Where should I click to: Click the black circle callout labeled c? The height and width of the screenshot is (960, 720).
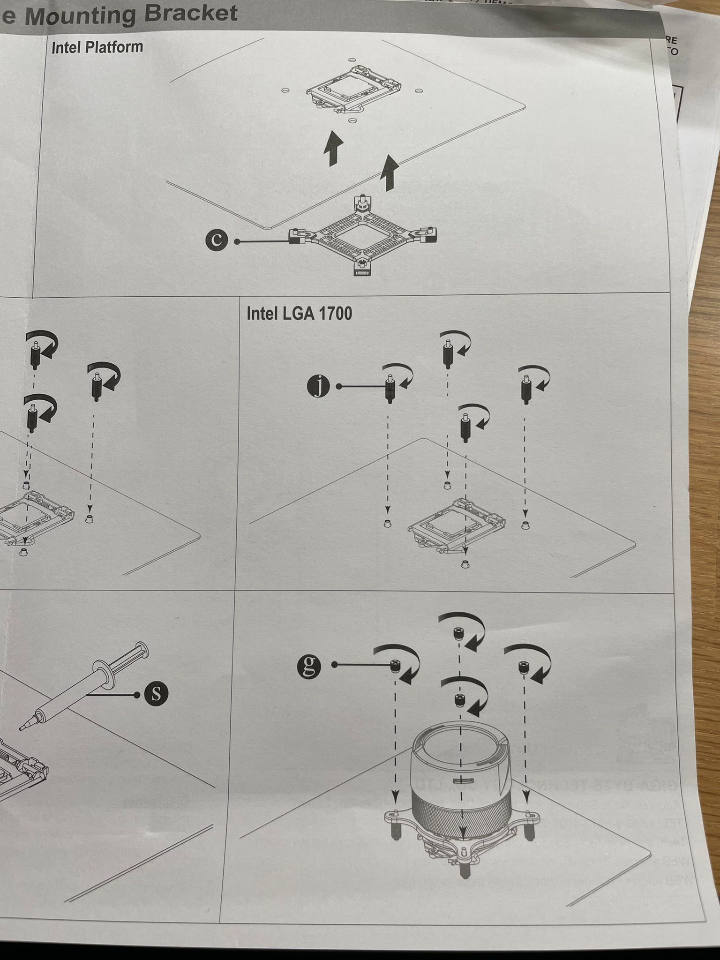(216, 240)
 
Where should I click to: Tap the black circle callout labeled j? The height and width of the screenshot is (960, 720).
(318, 387)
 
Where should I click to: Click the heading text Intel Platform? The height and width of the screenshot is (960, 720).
(97, 47)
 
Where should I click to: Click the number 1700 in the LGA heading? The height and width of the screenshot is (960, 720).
(335, 314)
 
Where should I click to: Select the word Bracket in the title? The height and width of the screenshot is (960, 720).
(190, 13)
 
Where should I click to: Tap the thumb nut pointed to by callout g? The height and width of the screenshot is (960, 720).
(395, 665)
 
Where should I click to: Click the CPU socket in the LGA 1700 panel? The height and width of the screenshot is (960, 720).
(457, 525)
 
